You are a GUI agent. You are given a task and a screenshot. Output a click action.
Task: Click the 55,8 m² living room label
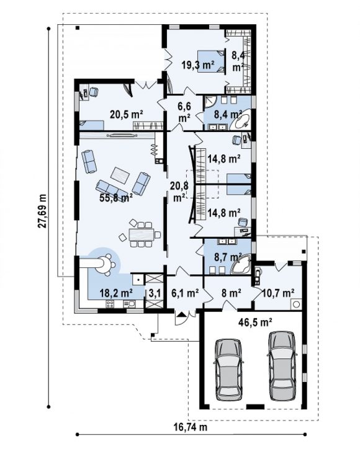point(116,198)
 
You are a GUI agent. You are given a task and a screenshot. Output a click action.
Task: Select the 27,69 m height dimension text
point(42,210)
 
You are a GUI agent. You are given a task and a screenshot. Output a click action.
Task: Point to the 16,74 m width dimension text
point(191,427)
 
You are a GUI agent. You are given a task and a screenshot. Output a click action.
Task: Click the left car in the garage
point(228,370)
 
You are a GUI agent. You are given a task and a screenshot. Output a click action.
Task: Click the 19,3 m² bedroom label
point(198,65)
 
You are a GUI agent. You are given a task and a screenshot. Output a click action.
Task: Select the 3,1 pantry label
point(155,293)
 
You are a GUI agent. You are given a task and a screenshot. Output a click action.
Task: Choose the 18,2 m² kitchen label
point(116,293)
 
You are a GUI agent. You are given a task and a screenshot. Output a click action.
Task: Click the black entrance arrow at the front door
point(181,314)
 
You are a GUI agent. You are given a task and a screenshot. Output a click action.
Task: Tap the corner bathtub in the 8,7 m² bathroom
point(241,264)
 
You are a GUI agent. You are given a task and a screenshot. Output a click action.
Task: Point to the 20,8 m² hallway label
point(179,192)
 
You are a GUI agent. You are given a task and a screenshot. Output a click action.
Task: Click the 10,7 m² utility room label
point(278,293)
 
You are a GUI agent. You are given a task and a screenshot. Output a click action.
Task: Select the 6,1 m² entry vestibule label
point(185,293)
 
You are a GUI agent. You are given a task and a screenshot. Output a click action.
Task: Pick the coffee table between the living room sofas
point(120,176)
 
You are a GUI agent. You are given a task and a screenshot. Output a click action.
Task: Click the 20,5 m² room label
point(127,115)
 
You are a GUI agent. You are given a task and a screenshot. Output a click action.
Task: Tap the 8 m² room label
point(232,293)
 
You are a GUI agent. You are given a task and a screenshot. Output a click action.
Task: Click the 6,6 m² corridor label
point(184,112)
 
